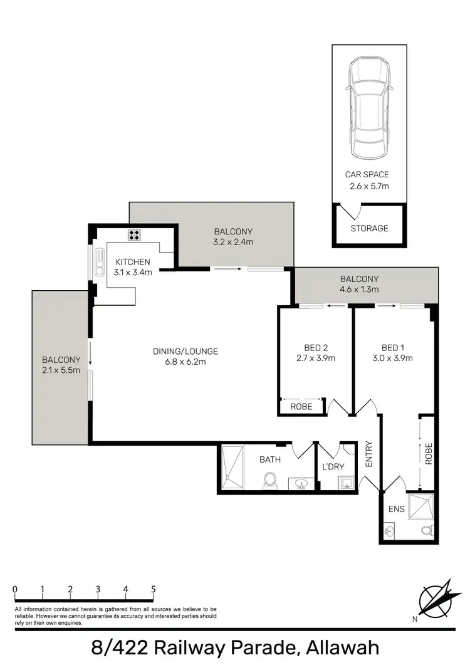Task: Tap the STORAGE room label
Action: tap(369, 228)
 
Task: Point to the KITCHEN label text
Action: tap(132, 262)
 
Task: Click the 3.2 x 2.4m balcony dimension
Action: tap(233, 241)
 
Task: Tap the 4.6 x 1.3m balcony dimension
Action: tap(359, 290)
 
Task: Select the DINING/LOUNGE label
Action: tap(185, 351)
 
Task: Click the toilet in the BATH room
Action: tap(271, 479)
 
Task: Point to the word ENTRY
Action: tap(369, 455)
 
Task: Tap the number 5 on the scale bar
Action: tap(154, 589)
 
